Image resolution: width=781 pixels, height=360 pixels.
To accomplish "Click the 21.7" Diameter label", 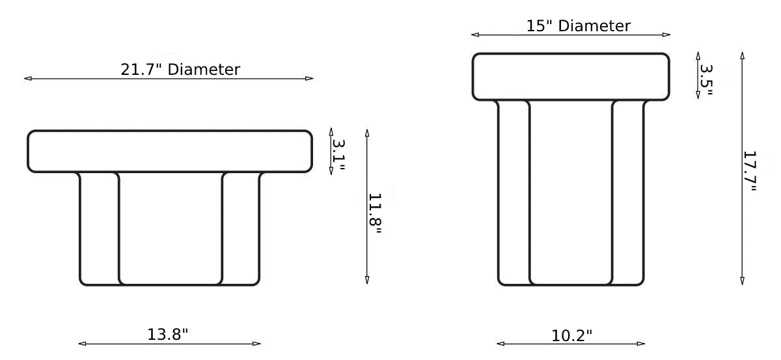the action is (180, 70).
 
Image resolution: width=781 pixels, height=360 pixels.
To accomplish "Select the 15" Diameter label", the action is (578, 26).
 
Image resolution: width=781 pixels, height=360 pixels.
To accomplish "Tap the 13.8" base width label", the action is (168, 335).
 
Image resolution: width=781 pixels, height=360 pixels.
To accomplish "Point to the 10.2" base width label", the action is (572, 335).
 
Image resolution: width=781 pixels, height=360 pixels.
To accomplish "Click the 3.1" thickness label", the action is (338, 155).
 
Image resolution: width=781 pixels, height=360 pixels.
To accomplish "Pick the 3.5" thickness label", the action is (706, 79).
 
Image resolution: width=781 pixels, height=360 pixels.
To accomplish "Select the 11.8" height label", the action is (376, 213).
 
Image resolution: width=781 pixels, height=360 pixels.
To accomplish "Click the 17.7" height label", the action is (750, 171).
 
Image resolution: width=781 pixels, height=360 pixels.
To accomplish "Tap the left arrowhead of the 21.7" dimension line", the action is (28, 79).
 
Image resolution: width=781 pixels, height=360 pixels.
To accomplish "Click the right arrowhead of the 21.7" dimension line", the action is (309, 79).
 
